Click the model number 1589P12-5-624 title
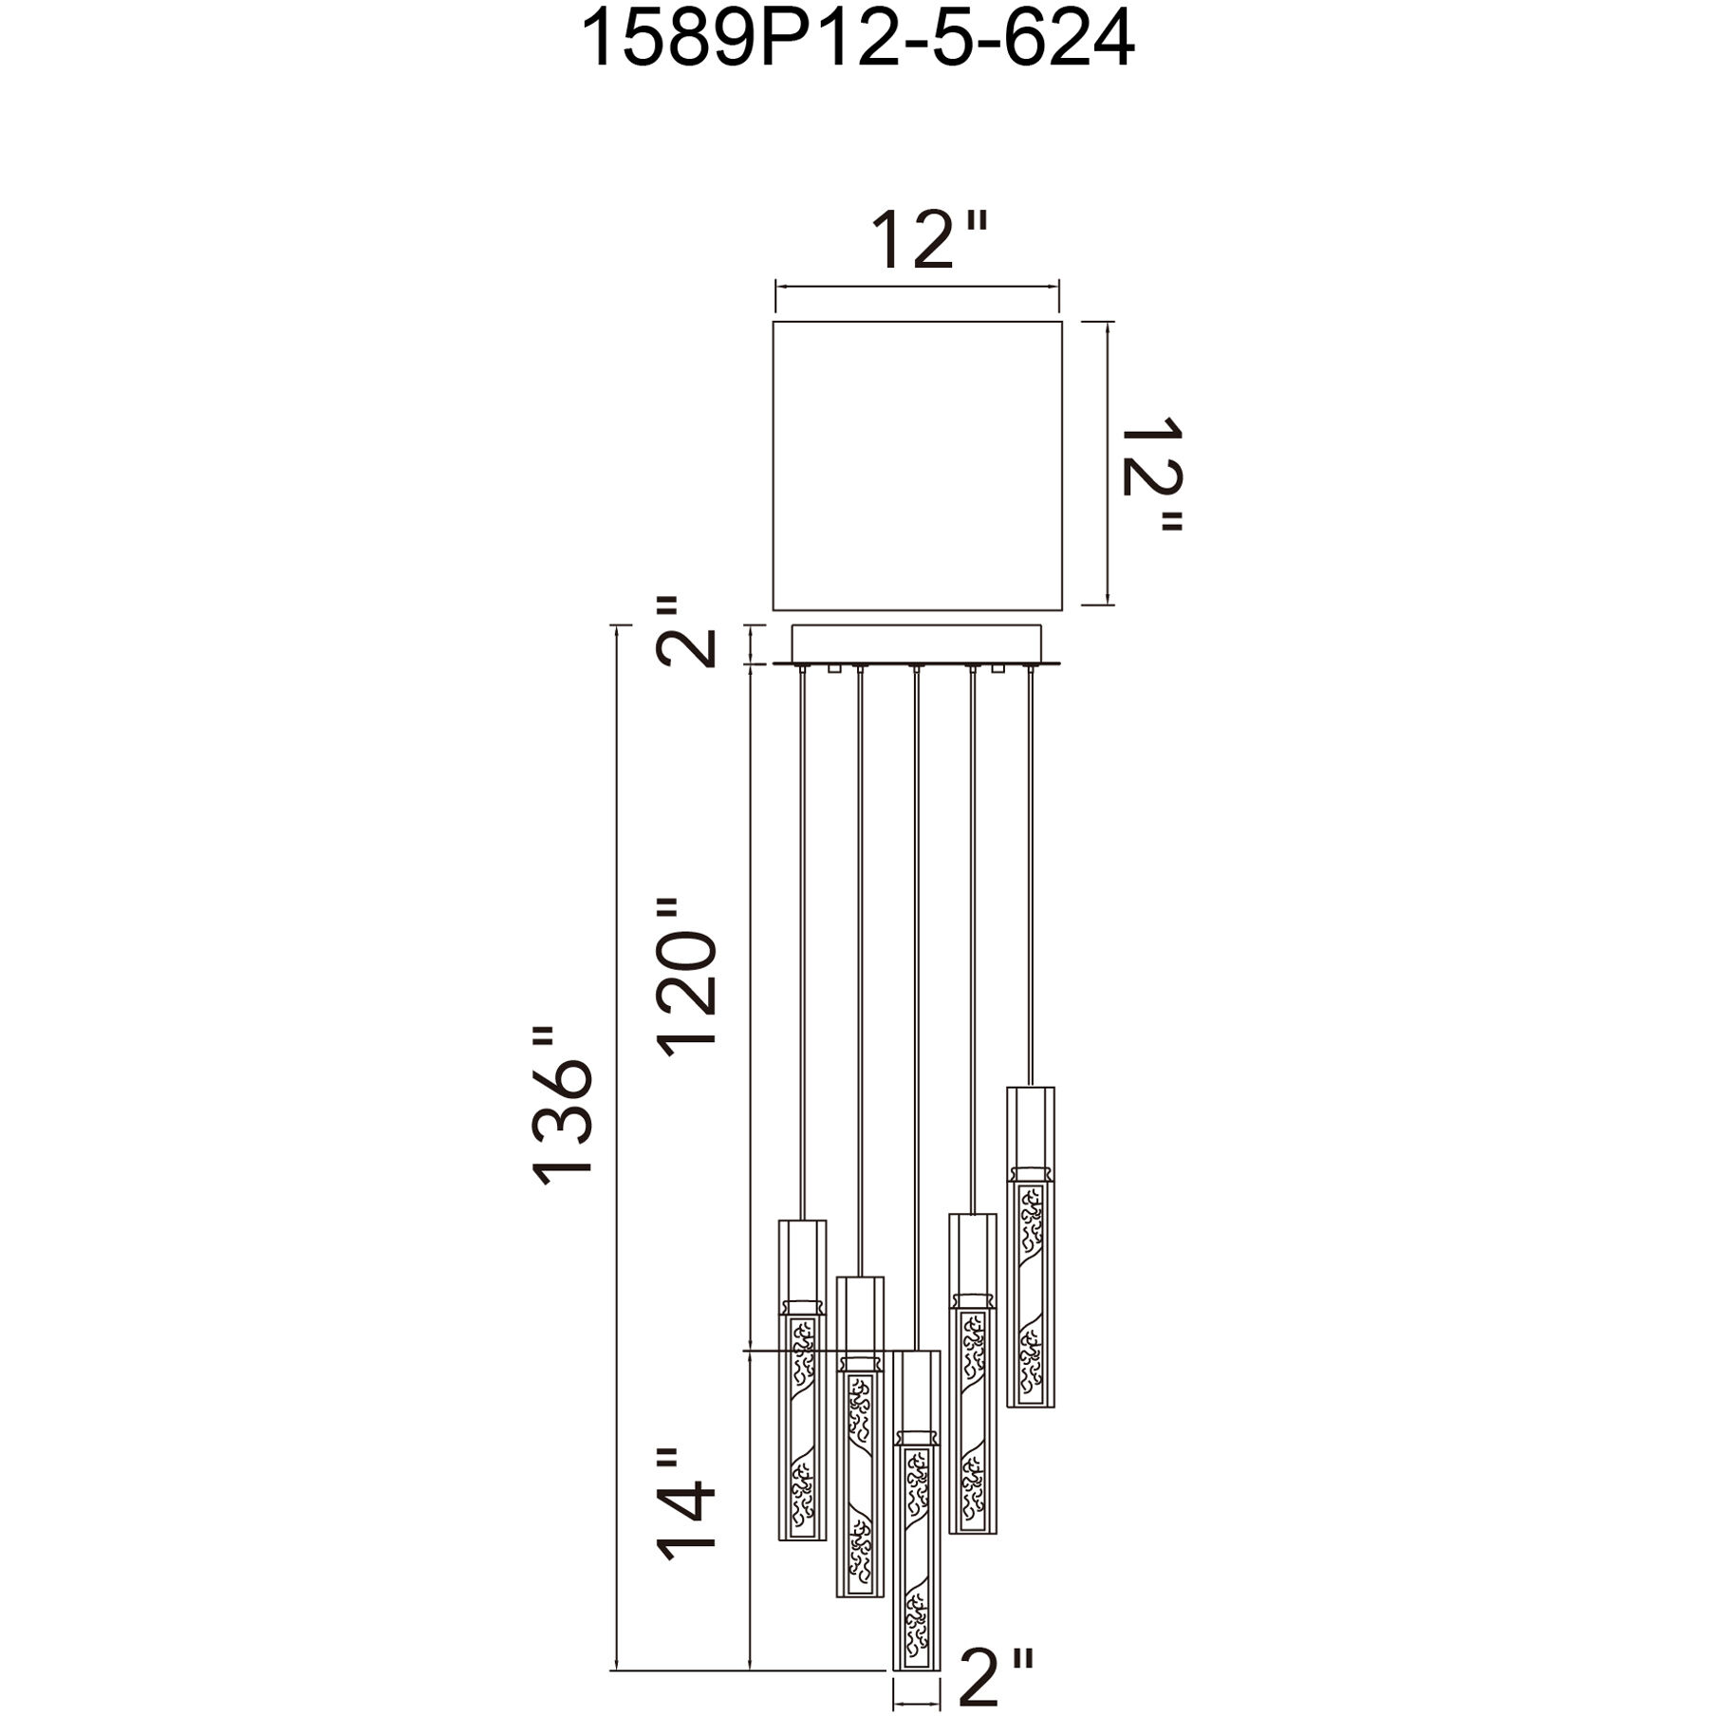pos(857,40)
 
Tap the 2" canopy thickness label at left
pos(685,632)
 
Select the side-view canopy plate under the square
pos(917,645)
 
